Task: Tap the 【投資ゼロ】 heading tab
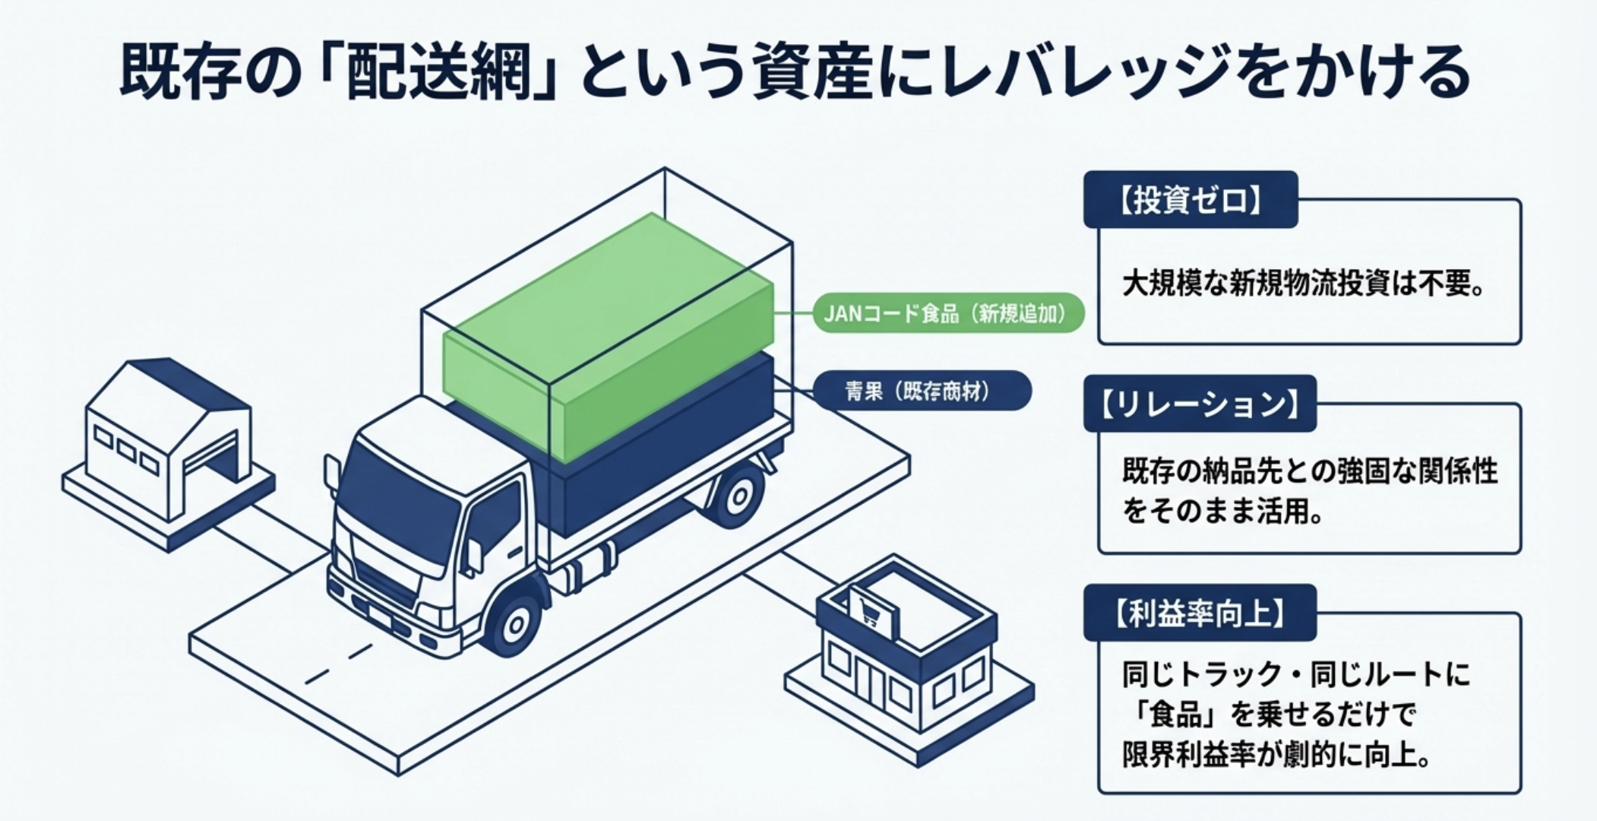[1190, 201]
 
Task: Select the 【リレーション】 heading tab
[1200, 404]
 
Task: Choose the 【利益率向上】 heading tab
[1199, 613]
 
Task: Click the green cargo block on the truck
[608, 334]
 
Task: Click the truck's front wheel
[517, 623]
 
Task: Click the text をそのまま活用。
[1222, 511]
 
